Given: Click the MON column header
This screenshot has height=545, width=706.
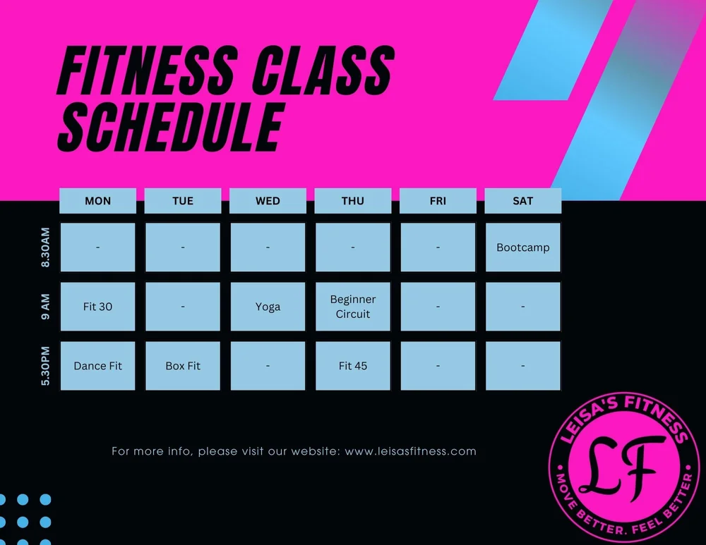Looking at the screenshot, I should [x=97, y=201].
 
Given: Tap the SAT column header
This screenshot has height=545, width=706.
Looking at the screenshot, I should [x=522, y=201].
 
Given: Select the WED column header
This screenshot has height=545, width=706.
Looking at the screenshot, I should [x=268, y=201].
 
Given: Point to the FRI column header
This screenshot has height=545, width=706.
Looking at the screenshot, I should [x=438, y=201].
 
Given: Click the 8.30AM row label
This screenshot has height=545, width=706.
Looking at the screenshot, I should [x=46, y=247].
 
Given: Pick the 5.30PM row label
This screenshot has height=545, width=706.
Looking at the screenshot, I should [x=46, y=365].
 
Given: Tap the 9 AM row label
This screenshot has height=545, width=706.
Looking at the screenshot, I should [x=46, y=307].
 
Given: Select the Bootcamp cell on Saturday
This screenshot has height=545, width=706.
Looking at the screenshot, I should [x=522, y=247].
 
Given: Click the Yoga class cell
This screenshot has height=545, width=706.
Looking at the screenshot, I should [x=268, y=307].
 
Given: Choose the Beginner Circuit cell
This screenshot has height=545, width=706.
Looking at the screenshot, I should [x=353, y=307].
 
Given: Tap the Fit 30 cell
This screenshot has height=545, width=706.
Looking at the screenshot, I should [x=97, y=307].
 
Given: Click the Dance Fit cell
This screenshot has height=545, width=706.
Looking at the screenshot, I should [x=97, y=366].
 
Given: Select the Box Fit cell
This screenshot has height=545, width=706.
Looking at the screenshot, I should [x=183, y=366].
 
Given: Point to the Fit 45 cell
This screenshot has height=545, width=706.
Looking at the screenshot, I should [x=353, y=366].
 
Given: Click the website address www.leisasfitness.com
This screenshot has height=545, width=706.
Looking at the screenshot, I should [x=410, y=451].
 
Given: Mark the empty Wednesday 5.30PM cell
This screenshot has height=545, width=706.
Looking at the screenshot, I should [x=268, y=366].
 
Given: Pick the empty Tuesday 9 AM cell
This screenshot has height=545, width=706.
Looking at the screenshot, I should [x=183, y=307].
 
